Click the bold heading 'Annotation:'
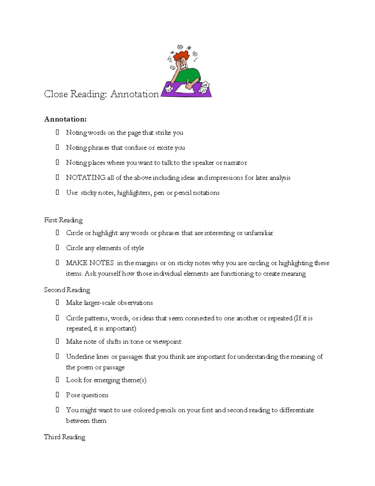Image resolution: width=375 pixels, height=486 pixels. (65, 119)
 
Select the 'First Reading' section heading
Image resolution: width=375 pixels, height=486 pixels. (63, 220)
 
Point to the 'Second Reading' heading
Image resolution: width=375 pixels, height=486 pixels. (67, 290)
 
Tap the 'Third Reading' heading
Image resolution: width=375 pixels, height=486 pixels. (64, 437)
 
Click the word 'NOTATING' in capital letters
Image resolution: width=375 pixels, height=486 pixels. (86, 178)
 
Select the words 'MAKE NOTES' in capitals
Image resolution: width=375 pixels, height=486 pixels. (90, 263)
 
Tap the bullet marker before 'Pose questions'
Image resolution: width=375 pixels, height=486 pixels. (57, 395)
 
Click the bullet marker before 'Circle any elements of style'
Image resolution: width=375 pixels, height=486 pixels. (57, 248)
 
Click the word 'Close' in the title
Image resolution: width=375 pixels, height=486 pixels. (56, 94)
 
